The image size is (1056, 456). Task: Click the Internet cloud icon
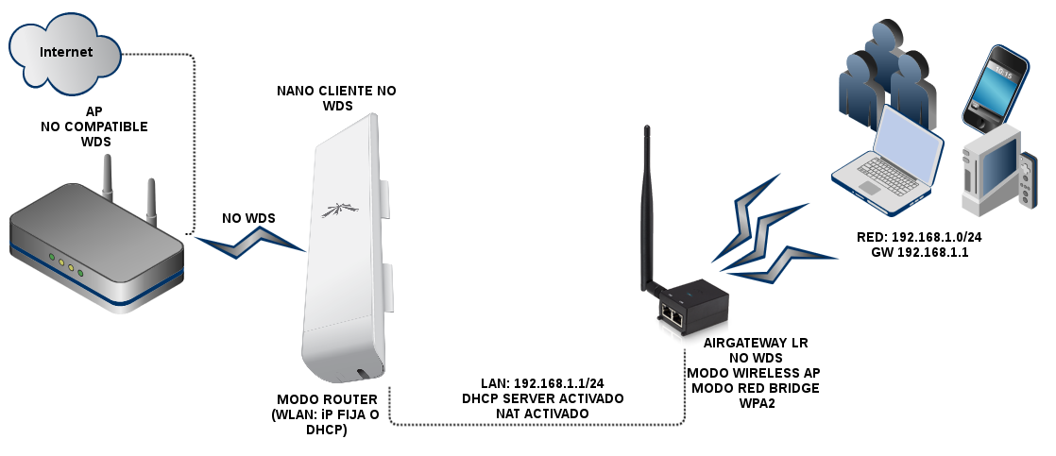pos(65,54)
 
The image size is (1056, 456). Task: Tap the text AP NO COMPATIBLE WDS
pos(94,127)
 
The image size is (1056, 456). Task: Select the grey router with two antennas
pos(94,250)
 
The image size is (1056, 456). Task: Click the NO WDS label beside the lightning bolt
pos(248,218)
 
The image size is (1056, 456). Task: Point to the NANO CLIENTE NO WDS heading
pos(337,98)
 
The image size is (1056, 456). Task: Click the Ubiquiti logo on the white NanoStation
pos(336,210)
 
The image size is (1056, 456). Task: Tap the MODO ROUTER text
pos(328,399)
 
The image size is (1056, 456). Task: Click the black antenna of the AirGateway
pos(649,208)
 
